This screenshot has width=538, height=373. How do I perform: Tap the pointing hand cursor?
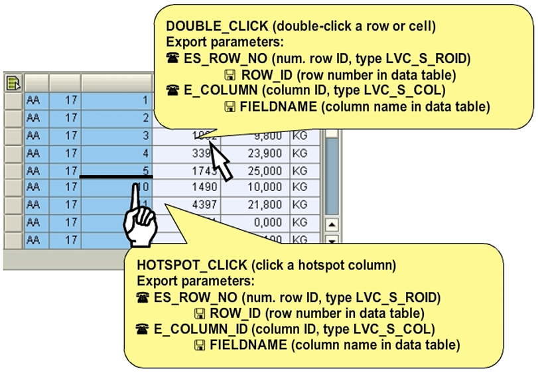pos(139,222)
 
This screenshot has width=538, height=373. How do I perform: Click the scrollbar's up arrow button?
pos(332,224)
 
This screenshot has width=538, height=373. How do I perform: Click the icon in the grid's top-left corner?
pos(13,83)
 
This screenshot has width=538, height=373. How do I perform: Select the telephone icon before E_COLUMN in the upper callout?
pos(172,90)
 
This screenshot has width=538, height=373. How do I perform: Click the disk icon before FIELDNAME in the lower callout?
pos(199,345)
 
